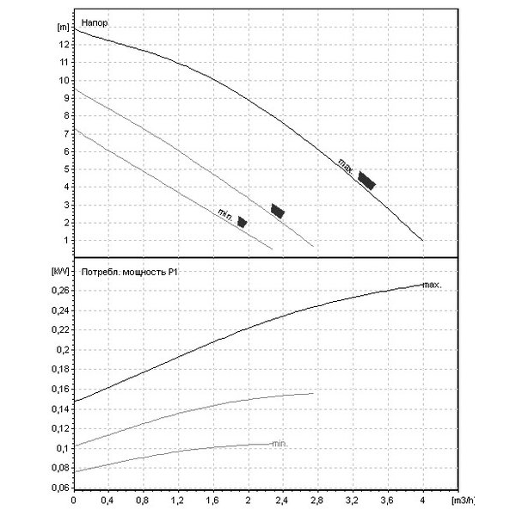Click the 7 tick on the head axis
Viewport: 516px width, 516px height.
(64, 133)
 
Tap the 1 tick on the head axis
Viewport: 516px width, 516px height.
(64, 240)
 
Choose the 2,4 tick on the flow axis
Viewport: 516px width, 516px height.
(282, 500)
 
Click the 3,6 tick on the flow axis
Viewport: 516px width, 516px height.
(387, 500)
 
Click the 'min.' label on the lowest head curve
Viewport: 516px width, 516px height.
(225, 214)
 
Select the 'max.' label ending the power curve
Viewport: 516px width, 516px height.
(432, 284)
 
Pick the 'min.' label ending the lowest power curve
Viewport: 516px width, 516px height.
(279, 444)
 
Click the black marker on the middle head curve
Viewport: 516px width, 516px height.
(277, 210)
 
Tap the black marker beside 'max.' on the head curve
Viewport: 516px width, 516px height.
(367, 181)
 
